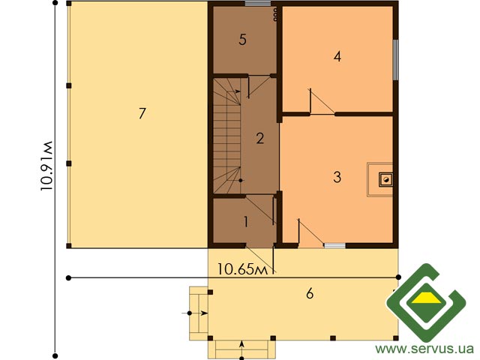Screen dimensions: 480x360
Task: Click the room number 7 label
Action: point(142,113)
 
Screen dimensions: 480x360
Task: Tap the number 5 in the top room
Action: point(242,40)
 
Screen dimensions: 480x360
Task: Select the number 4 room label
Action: point(337,56)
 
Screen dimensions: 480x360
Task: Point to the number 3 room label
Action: point(337,177)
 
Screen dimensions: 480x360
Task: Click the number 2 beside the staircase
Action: point(260,138)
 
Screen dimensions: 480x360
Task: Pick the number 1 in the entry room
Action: point(246,222)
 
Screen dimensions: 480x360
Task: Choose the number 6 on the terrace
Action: point(310,293)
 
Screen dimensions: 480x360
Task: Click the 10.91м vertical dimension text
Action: point(46,166)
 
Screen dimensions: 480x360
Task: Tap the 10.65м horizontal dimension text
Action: point(242,269)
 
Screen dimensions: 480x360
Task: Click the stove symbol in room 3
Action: point(386,179)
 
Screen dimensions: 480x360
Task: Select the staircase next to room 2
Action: point(226,136)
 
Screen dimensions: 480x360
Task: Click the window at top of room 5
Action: point(258,4)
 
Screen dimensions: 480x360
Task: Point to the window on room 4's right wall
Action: point(395,60)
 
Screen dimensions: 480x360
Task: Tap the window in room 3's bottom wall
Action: point(334,245)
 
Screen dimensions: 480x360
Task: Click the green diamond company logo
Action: point(426,302)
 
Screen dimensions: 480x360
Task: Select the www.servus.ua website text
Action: point(424,349)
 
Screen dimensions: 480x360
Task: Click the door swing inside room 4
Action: point(322,102)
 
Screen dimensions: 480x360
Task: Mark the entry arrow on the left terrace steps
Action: point(195,313)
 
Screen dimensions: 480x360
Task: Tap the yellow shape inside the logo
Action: point(426,298)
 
